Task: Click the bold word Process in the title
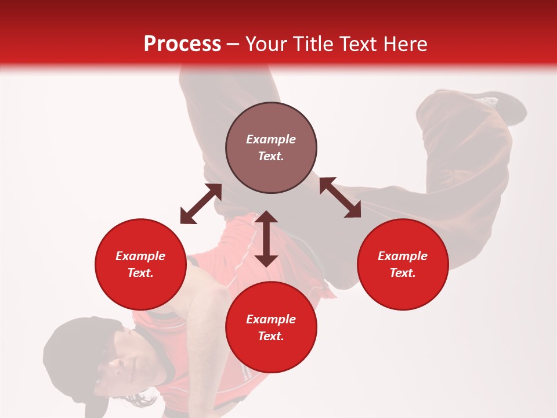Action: click(182, 44)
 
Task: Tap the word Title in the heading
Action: click(312, 44)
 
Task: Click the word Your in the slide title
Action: click(266, 44)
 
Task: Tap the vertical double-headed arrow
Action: click(266, 239)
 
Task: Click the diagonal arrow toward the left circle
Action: click(201, 204)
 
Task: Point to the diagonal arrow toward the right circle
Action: click(340, 197)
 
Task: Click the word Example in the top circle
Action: click(271, 139)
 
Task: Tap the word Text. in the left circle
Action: click(140, 273)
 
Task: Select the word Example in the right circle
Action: click(403, 256)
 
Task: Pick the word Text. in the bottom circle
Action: click(271, 336)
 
